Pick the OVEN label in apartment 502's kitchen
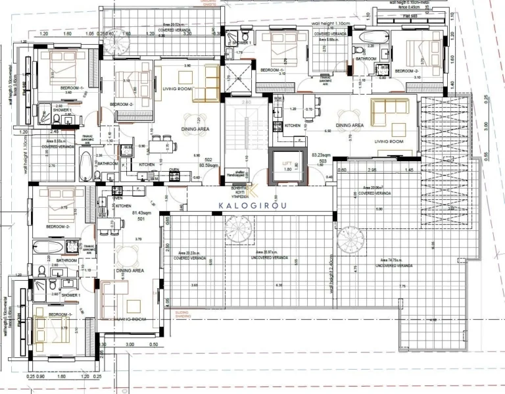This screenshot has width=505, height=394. (x=174, y=170)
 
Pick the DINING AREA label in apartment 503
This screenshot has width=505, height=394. (x=350, y=125)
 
